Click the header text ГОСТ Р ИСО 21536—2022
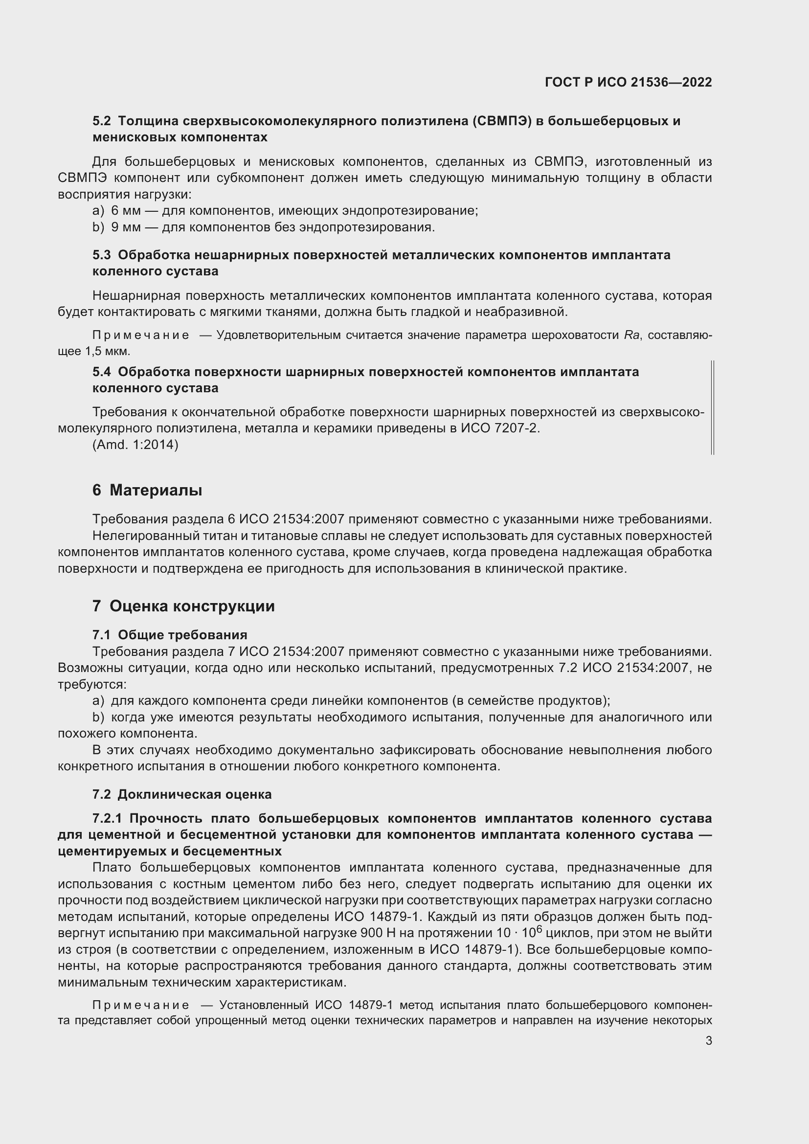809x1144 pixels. [x=628, y=82]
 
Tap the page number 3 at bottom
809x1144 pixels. [x=708, y=1040]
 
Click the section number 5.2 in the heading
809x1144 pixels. [x=102, y=121]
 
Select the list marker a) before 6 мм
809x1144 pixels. [x=98, y=211]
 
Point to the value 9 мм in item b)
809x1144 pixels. [x=126, y=227]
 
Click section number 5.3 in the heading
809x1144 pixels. [x=102, y=255]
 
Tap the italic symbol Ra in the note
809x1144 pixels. [x=631, y=336]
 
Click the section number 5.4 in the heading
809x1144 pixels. [x=102, y=372]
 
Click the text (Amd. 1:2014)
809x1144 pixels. [x=135, y=445]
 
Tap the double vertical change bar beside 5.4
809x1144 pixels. [x=713, y=407]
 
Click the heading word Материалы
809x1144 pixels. [x=156, y=490]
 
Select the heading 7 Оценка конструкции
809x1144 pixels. [x=183, y=606]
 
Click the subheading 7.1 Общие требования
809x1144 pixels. [x=170, y=635]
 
